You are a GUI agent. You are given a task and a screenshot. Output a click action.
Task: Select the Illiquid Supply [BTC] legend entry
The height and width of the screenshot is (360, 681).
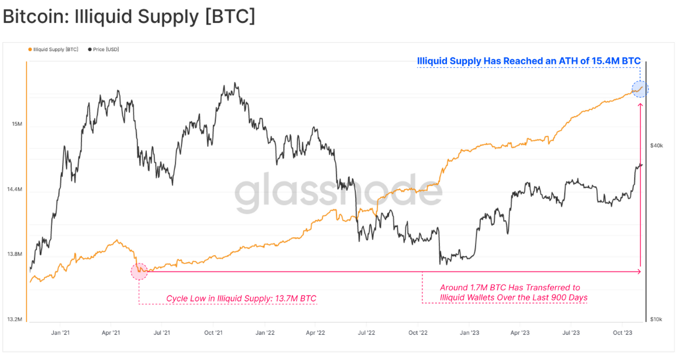tap(55, 50)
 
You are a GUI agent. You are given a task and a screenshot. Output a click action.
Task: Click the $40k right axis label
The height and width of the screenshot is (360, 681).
tap(656, 146)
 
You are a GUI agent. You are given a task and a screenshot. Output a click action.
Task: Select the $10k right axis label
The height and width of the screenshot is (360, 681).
tap(656, 320)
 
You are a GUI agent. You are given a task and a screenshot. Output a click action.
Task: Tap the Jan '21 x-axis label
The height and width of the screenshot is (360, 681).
tap(60, 332)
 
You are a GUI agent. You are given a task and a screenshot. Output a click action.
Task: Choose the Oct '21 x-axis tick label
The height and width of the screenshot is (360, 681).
tap(214, 332)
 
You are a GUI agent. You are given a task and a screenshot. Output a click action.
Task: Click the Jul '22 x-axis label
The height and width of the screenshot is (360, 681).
tap(366, 332)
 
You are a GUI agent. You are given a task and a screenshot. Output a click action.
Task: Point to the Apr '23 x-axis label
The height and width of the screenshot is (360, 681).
tap(520, 332)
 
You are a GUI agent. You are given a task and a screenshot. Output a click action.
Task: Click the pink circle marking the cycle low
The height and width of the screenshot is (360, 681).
tap(139, 270)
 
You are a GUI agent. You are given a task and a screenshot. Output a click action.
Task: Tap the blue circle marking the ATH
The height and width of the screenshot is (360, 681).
tap(640, 89)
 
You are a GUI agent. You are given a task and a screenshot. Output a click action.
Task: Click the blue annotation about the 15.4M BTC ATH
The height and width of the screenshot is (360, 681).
tap(528, 61)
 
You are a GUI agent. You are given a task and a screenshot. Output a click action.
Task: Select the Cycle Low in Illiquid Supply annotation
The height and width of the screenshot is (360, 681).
tap(241, 299)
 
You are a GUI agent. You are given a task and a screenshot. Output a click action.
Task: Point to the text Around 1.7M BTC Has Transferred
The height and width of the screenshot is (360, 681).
tap(510, 287)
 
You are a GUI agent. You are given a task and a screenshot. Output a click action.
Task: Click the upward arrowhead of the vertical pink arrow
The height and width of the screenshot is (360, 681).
tap(641, 106)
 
